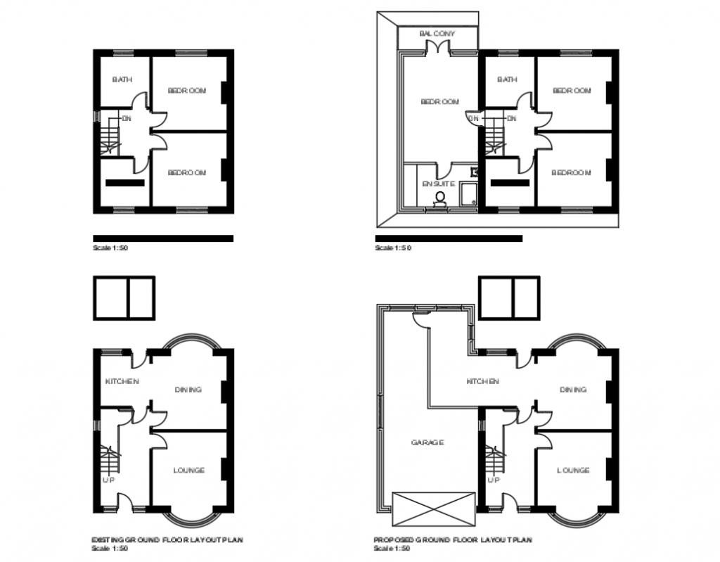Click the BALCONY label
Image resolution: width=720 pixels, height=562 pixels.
point(437,34)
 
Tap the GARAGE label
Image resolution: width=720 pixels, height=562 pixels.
point(427,442)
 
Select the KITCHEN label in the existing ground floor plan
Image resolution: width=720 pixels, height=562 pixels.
point(122,381)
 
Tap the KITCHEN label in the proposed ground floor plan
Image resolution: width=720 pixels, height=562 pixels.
point(483,381)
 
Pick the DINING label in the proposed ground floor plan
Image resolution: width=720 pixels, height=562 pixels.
point(573,389)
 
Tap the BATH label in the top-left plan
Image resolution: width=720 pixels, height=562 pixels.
point(122,80)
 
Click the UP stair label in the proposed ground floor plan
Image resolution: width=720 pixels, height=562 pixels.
point(494,480)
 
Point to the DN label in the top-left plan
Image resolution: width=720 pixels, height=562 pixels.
point(127,118)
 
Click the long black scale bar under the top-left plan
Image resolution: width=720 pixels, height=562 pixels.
point(163,238)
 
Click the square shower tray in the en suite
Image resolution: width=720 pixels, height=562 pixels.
point(468,193)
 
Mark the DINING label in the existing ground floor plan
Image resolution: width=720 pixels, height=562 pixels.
point(188,389)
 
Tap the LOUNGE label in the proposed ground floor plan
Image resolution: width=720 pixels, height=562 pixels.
point(573,470)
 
